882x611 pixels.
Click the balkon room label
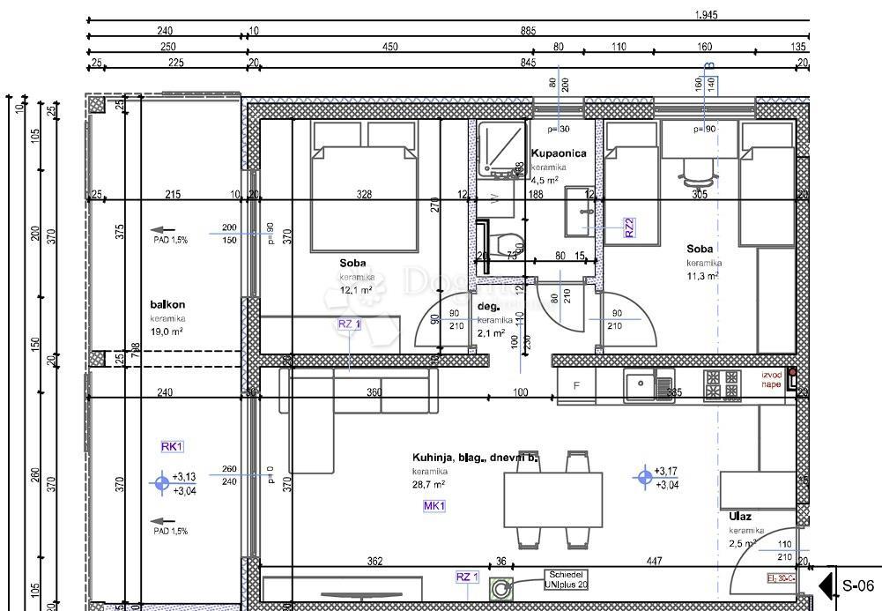[x=167, y=304]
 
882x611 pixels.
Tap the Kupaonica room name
[x=559, y=153]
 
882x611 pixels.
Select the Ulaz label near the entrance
[x=740, y=516]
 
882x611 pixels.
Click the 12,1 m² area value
[x=356, y=289]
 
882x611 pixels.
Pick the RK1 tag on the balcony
[x=171, y=447]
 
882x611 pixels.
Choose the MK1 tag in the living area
[x=434, y=506]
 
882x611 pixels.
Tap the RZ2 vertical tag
[x=630, y=227]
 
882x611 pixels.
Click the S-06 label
[x=857, y=585]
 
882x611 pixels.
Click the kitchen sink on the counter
[x=650, y=385]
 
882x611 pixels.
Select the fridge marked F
[x=576, y=386]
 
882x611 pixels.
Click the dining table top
[x=552, y=499]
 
